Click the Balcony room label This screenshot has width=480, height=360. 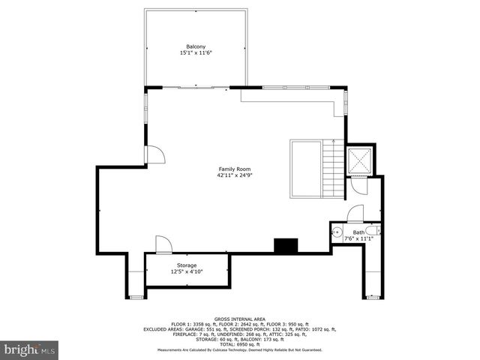196,46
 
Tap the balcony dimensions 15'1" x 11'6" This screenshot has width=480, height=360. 196,53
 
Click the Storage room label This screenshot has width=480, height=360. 187,265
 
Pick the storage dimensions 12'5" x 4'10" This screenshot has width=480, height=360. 187,272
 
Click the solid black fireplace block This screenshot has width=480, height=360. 285,245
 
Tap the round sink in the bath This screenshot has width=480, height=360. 337,232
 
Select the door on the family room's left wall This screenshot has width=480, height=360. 154,154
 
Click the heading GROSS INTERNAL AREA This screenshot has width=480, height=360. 240,318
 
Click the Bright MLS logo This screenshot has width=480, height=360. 30,349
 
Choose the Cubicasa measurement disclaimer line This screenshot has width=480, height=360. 240,349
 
